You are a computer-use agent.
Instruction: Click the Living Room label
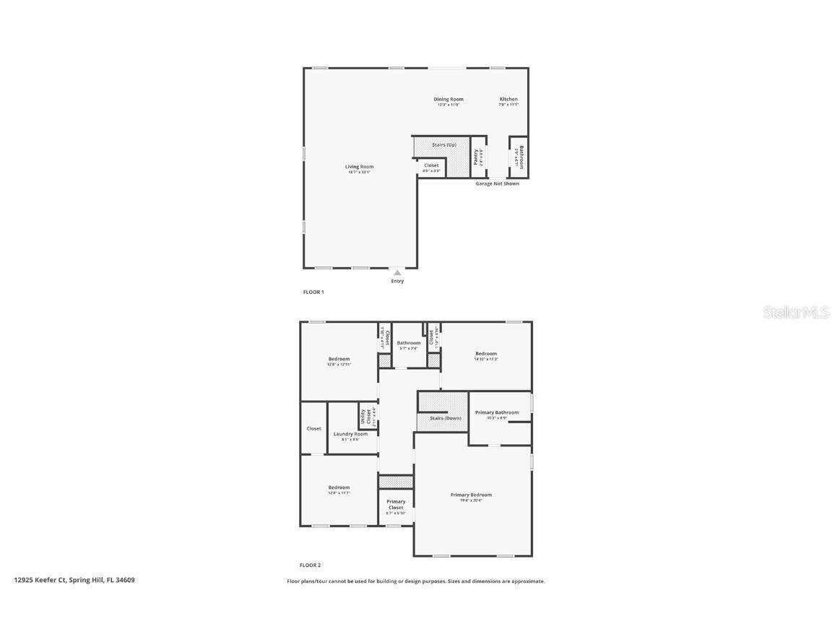point(359,167)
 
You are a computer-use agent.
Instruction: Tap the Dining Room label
point(448,100)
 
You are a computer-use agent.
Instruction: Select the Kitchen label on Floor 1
point(508,100)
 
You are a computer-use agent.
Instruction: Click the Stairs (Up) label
point(444,145)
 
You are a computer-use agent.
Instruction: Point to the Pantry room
point(477,157)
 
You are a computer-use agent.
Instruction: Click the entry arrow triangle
point(397,273)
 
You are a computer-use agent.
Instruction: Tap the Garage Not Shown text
point(497,183)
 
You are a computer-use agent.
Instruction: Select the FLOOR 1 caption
point(313,292)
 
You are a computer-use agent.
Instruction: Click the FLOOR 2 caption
point(311,565)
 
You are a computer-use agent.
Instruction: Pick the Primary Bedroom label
point(471,495)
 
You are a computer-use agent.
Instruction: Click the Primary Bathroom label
point(497,413)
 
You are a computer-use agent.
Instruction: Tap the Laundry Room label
point(350,434)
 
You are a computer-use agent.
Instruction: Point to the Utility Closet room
point(368,417)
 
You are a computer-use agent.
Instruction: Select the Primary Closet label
point(396,504)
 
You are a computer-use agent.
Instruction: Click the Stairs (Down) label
point(446,418)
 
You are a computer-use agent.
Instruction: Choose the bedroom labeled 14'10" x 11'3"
point(486,354)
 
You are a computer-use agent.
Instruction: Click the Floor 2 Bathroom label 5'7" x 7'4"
point(408,343)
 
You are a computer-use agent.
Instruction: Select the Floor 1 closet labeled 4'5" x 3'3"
point(431,166)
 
